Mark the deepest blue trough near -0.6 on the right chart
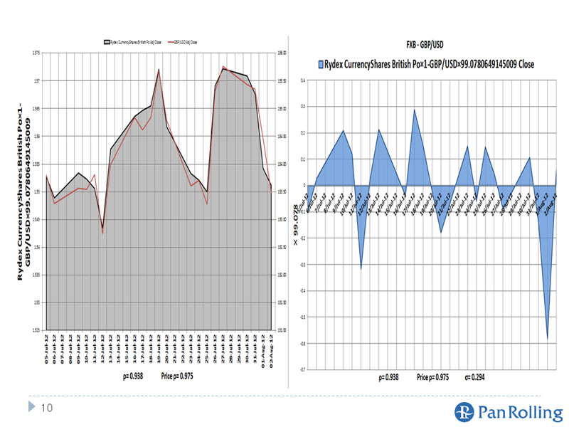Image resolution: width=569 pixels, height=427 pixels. [x=547, y=338]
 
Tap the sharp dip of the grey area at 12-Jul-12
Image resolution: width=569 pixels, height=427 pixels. [x=102, y=227]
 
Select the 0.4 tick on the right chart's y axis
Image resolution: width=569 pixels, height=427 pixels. [x=303, y=80]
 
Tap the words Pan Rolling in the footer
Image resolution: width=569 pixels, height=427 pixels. [x=512, y=411]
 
